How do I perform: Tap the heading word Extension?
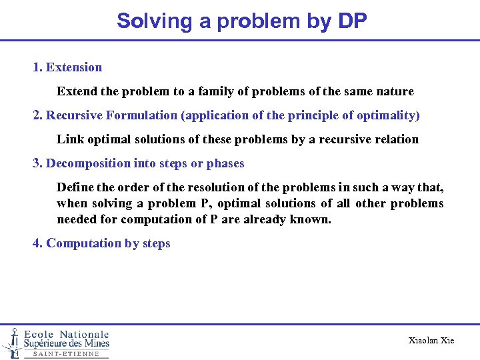pyautogui.click(x=74, y=67)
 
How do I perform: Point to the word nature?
pyautogui.click(x=394, y=91)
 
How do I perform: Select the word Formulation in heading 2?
pyautogui.click(x=141, y=115)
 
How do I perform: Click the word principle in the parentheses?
pyautogui.click(x=314, y=115)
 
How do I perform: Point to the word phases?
pyautogui.click(x=225, y=163)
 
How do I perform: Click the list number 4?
pyautogui.click(x=37, y=243)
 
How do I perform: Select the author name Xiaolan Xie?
pyautogui.click(x=431, y=341)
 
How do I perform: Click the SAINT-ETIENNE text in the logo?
pyautogui.click(x=66, y=354)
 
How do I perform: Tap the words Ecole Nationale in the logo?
pyautogui.click(x=67, y=334)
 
